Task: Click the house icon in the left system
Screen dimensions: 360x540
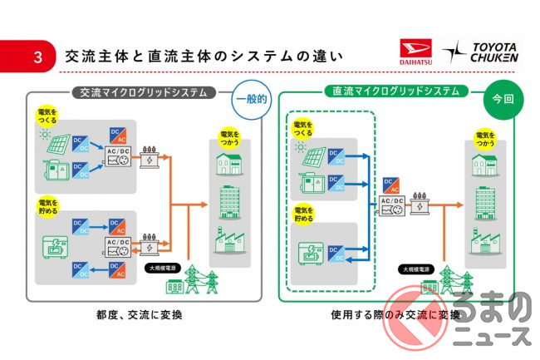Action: pos(228,161)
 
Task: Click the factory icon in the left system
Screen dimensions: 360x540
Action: pos(228,241)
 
